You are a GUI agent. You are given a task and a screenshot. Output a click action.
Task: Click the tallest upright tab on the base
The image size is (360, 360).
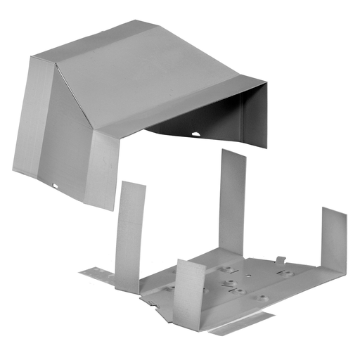[x=231, y=200]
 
